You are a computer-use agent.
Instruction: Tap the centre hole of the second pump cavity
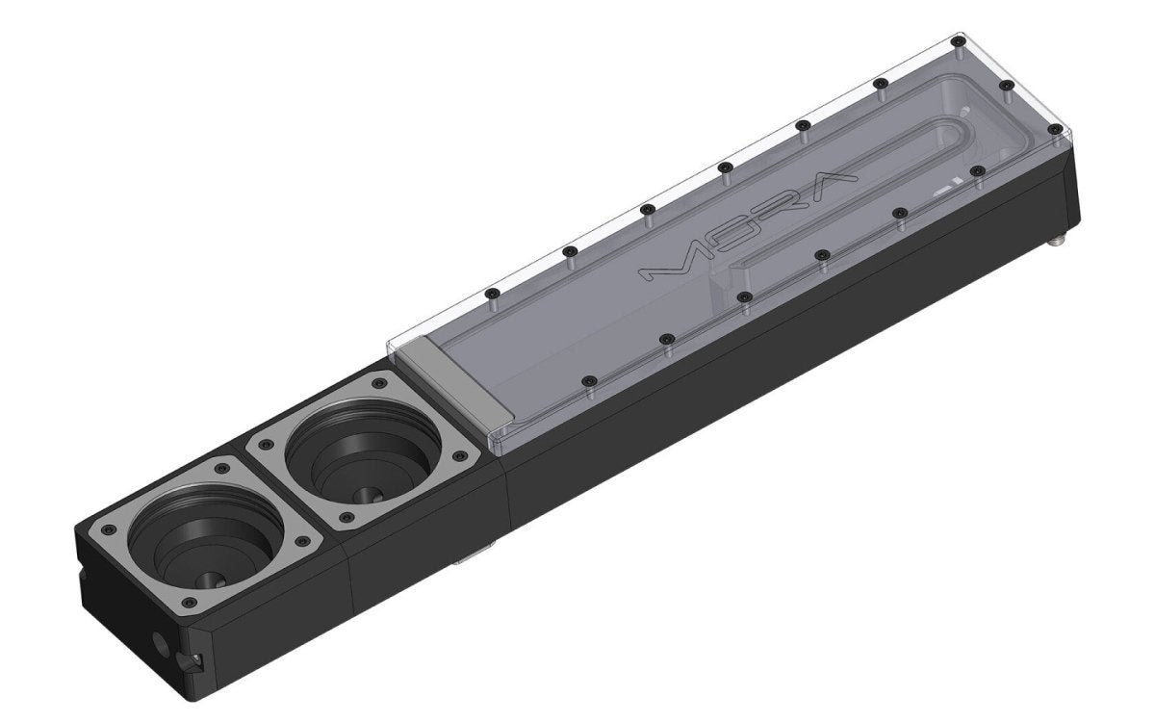coord(368,495)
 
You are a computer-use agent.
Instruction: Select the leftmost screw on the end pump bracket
coord(108,529)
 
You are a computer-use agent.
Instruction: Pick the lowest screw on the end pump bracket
coord(191,603)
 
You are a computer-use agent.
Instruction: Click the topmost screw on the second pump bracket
coord(379,383)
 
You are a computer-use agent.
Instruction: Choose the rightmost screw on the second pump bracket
coord(460,456)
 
